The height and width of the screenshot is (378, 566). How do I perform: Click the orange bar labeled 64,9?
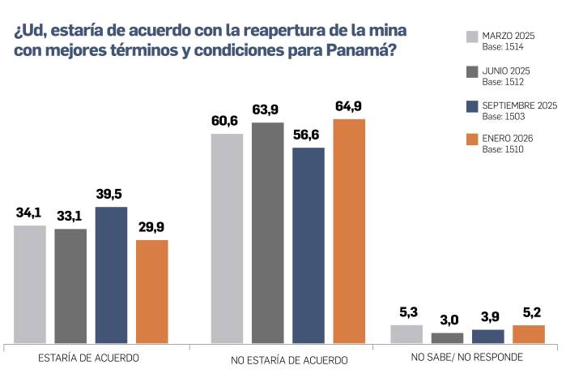pos(349,231)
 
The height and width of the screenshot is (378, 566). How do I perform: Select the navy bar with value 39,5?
pos(111,275)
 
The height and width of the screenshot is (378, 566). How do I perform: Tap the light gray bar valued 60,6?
pos(227,238)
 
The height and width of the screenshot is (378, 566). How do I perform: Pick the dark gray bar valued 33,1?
pos(70,286)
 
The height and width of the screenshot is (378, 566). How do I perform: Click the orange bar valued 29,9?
pos(151,291)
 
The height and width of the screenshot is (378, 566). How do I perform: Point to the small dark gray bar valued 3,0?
pos(447,337)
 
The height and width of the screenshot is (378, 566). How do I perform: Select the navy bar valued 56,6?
pos(309,245)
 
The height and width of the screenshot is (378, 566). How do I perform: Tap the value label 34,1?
pos(29,213)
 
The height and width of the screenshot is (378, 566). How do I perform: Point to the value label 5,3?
pos(406,312)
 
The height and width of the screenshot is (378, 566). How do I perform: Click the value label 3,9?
pos(487,317)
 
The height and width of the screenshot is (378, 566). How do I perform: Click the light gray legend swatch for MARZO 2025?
pos(473,37)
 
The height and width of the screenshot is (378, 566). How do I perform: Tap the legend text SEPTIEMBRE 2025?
pos(520,105)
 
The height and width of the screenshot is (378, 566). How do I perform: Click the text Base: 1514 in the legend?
pos(503,47)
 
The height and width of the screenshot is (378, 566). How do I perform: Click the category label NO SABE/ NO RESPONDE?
pos(466,357)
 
